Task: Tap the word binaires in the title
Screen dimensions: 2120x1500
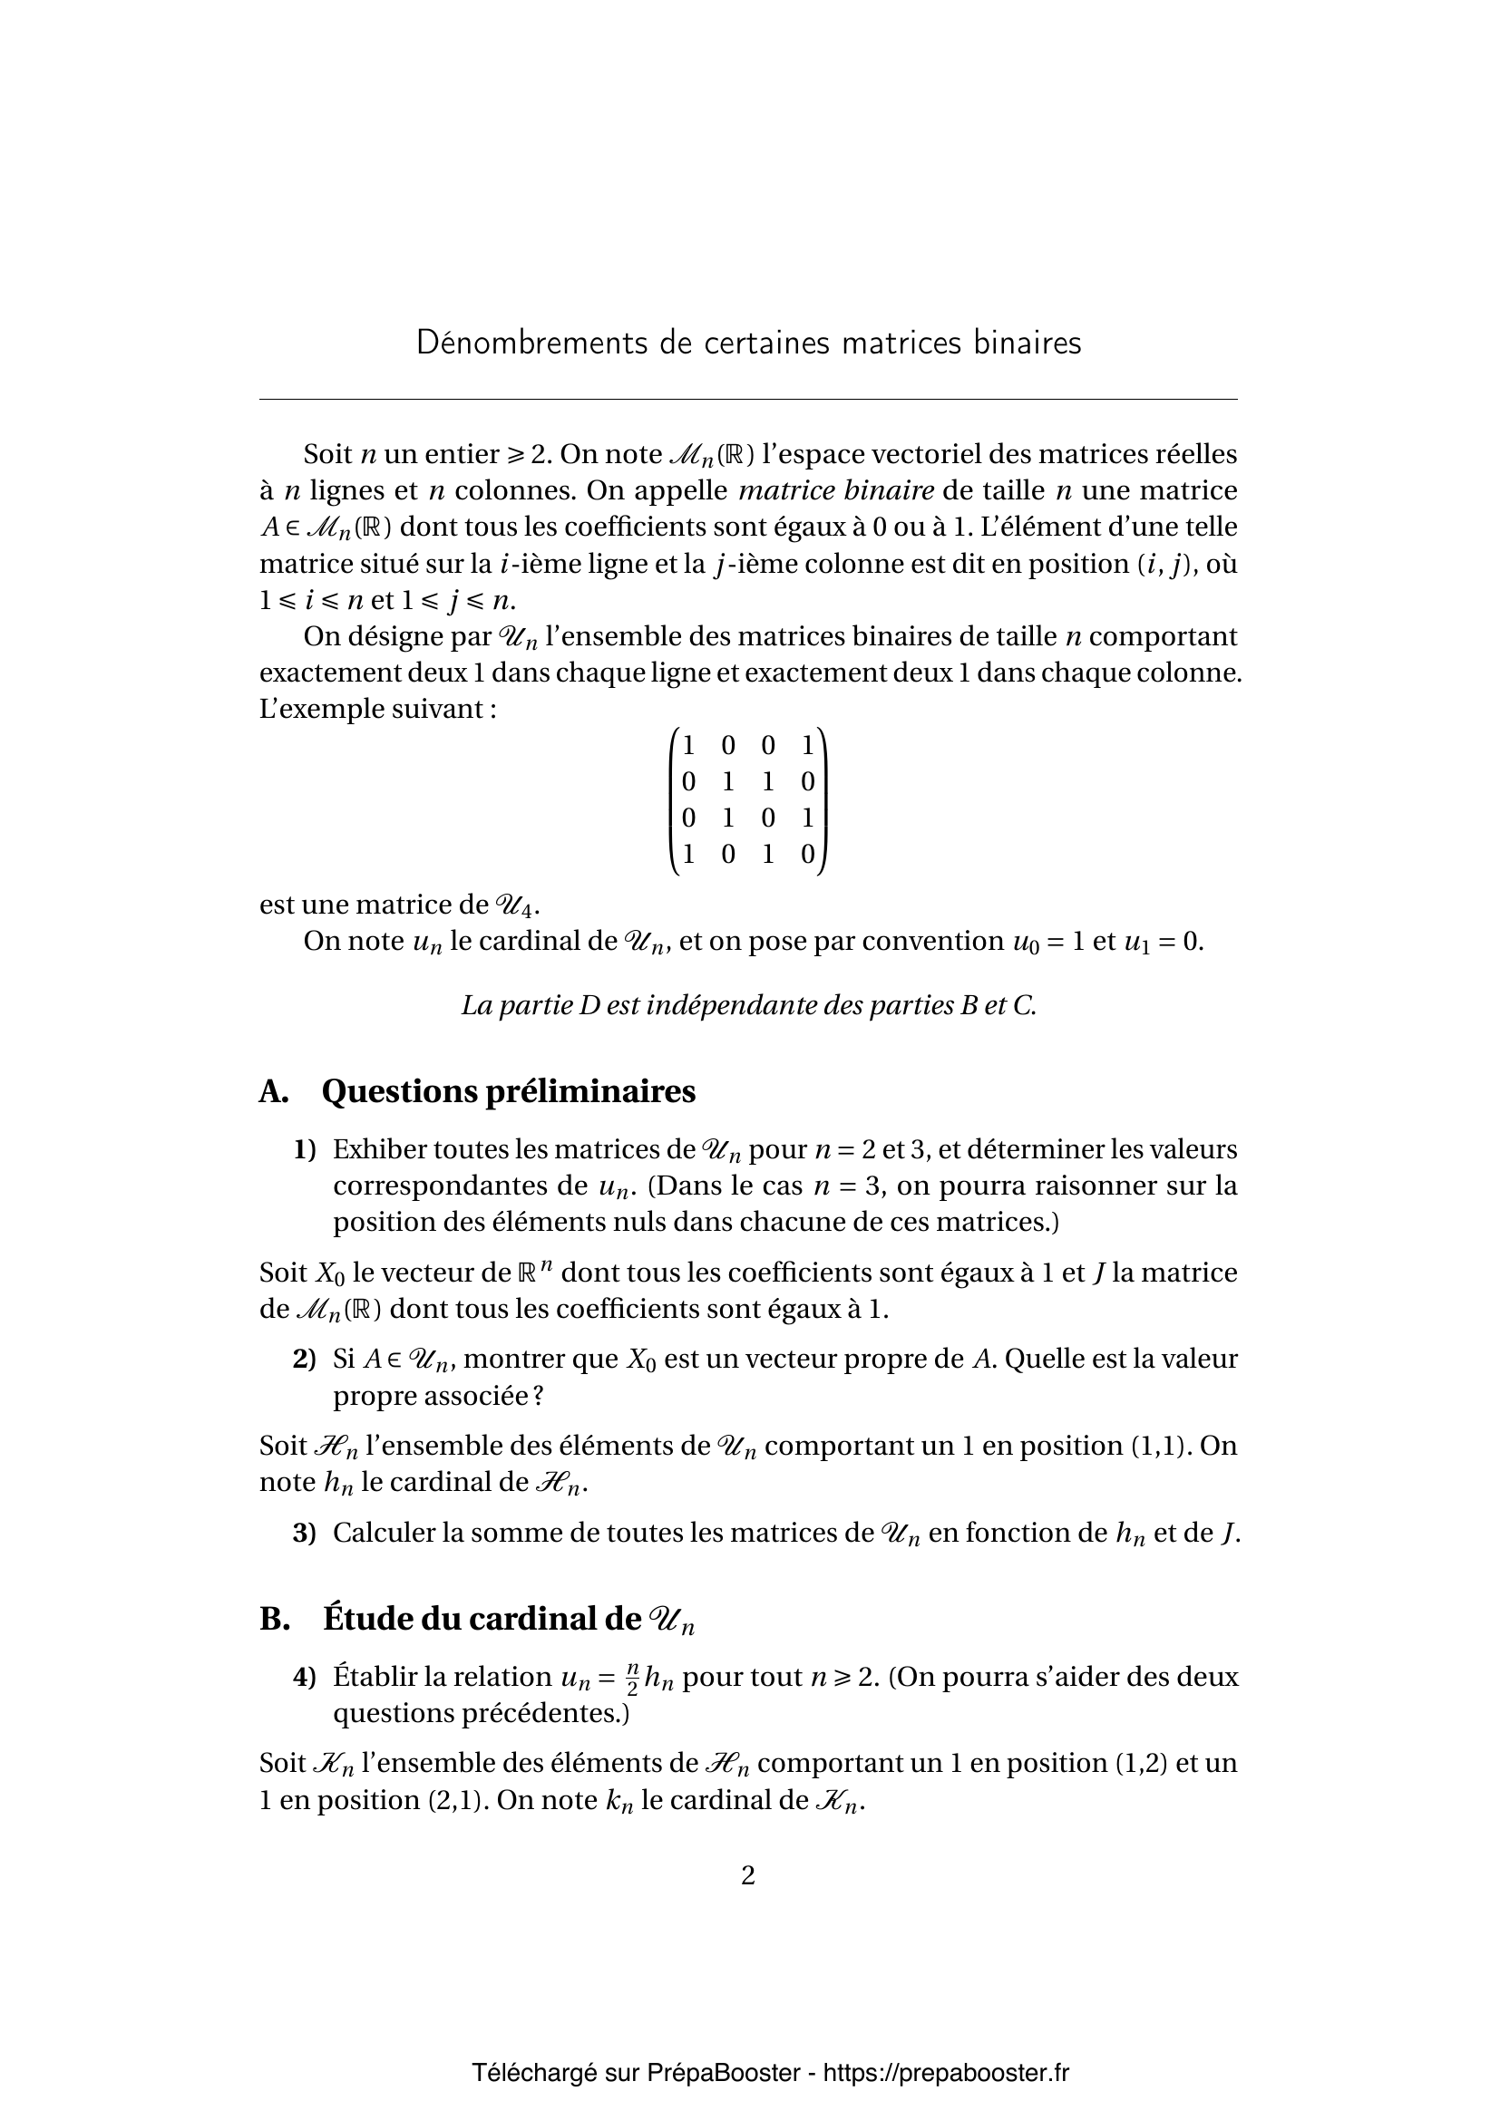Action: click(1027, 344)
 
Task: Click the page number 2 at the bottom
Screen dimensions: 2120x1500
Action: click(748, 1875)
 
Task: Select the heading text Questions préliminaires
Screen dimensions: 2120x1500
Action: click(508, 1091)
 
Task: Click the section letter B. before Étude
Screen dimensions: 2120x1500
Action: click(274, 1619)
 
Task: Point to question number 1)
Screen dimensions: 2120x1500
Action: click(305, 1149)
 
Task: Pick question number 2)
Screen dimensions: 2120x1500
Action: click(305, 1360)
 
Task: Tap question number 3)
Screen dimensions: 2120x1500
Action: click(305, 1533)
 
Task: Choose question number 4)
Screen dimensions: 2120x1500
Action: click(305, 1677)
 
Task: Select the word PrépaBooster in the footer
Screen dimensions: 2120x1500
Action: click(723, 2073)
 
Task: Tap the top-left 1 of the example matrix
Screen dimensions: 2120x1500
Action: click(688, 745)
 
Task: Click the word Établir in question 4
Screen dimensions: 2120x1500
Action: click(376, 1677)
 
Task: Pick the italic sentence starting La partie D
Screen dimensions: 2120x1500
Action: click(748, 1005)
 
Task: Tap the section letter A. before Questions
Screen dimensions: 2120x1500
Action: click(273, 1091)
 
